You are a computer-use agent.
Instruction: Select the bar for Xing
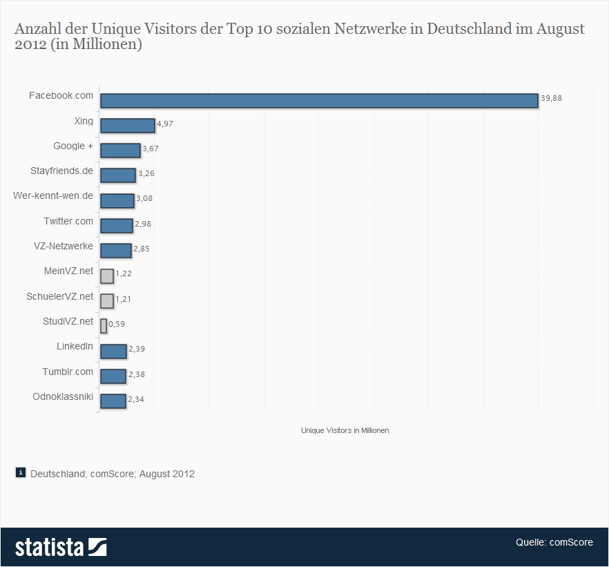127,125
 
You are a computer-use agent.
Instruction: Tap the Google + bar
120,151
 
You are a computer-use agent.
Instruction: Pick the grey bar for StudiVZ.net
104,326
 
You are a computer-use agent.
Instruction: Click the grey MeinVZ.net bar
106,276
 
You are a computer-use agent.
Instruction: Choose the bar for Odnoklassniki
113,401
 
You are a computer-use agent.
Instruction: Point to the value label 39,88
551,99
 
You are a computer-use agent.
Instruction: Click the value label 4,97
166,124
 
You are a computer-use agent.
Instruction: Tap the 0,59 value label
116,324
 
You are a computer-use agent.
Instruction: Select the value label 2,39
137,349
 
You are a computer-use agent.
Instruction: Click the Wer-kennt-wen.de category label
53,195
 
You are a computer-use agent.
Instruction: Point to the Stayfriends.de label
61,171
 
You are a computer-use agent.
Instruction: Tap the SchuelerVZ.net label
60,296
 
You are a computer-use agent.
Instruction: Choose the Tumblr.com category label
68,372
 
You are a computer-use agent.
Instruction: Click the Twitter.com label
68,221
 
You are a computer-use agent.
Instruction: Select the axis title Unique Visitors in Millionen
345,430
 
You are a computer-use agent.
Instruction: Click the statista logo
61,547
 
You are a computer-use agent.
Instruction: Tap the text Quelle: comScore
554,542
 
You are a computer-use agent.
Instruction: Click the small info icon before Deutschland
21,473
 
